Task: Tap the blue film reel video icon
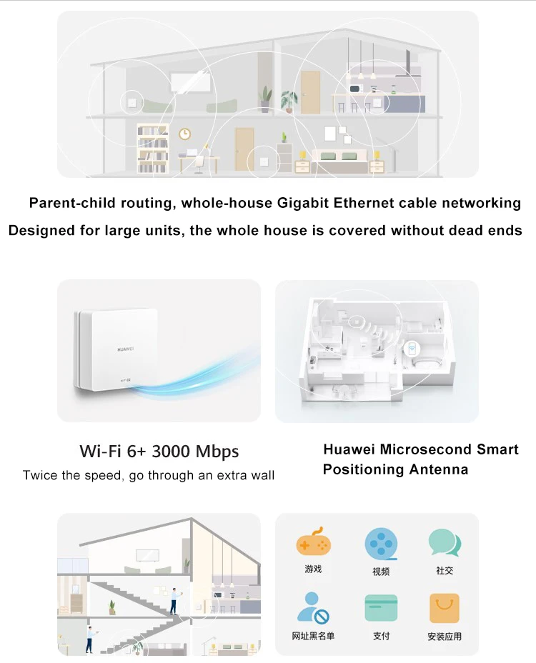pos(381,544)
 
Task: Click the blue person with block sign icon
pos(313,608)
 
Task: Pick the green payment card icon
pos(381,608)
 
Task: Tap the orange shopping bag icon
pos(445,608)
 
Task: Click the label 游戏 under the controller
pos(313,569)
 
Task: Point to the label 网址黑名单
pos(313,636)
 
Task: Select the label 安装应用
pos(445,637)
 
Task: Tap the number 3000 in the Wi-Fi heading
pos(171,451)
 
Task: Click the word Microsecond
pos(426,449)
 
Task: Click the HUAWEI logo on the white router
pos(125,349)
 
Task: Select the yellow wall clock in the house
pos(184,134)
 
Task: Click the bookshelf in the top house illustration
pos(153,148)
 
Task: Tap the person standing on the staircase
pos(174,601)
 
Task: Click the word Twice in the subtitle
pos(40,475)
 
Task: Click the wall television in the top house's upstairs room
pos(190,82)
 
